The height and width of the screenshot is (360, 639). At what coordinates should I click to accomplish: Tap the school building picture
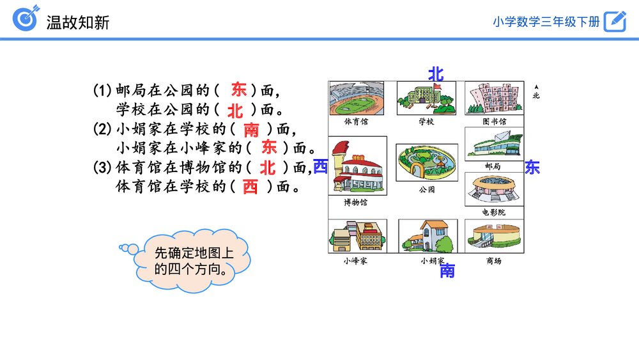pos(426,98)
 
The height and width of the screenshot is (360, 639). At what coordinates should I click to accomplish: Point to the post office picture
pos(493,144)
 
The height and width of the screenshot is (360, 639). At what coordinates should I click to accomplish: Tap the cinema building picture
pos(493,189)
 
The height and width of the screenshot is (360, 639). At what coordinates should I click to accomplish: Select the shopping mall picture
pos(493,236)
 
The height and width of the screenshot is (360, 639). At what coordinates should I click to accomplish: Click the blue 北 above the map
pos(436,74)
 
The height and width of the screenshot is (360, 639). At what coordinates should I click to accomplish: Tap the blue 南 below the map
pos(447,271)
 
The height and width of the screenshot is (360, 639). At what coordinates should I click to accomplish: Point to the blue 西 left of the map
pos(320,167)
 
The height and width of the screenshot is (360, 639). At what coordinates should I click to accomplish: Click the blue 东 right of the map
pos(532,168)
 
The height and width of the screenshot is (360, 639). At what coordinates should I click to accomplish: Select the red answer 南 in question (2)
pos(251,130)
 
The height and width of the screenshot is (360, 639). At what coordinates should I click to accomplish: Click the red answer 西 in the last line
pos(250,187)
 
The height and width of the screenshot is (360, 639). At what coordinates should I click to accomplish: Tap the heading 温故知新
pos(78,22)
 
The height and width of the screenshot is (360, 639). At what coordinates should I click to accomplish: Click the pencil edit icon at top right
pos(615,21)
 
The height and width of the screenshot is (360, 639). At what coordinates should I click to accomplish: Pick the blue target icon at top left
pos(26,18)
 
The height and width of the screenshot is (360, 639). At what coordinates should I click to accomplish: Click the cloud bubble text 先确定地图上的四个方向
pos(194,260)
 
